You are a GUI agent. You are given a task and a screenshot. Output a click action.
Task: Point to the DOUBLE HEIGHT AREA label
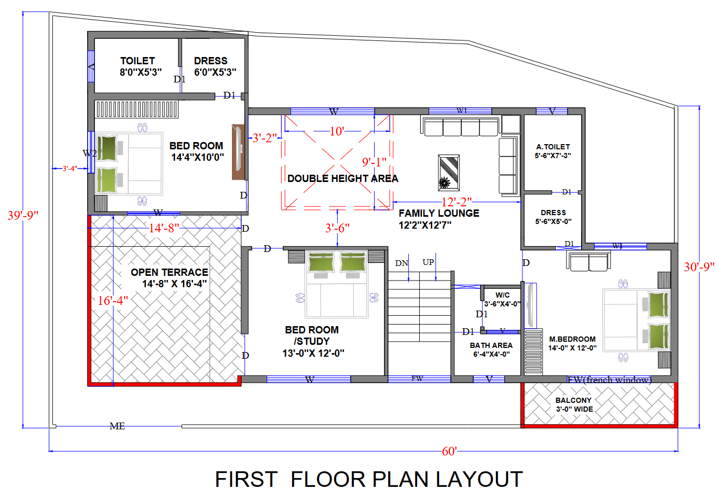pos(342,178)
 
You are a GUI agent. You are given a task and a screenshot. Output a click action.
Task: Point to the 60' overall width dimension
pos(449,451)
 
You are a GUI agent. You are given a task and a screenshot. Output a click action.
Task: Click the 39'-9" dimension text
pos(23,215)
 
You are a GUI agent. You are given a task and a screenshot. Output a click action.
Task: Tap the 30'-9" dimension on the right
pos(699,266)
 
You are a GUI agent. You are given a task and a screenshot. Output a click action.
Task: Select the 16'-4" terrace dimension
pos(113,300)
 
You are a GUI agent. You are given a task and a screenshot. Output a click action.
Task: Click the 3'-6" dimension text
pos(337,228)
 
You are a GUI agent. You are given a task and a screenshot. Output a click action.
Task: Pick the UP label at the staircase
pos(428,262)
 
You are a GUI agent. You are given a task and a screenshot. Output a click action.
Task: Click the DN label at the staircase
pos(402,263)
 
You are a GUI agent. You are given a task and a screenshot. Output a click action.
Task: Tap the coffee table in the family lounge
pos(449,173)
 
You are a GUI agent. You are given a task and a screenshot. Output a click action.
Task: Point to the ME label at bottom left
pos(117,426)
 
